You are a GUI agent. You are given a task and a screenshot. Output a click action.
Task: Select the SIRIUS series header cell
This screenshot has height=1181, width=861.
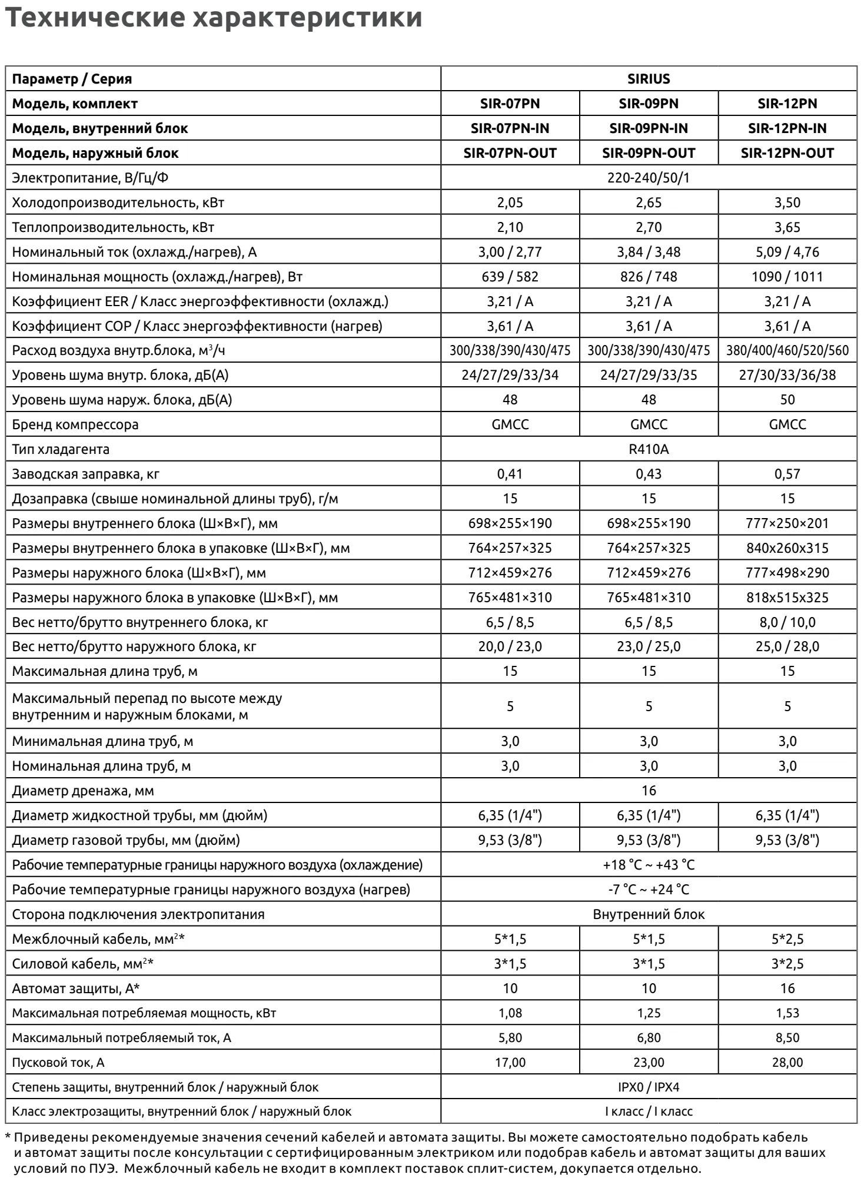tap(649, 79)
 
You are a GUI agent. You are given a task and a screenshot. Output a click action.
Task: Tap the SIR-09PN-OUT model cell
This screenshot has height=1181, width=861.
tap(649, 153)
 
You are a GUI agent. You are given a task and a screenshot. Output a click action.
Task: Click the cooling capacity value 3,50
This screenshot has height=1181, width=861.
tap(787, 203)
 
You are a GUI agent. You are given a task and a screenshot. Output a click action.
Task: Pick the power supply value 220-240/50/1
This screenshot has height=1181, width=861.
tap(649, 178)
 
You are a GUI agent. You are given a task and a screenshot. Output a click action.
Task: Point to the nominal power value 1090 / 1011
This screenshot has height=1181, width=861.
tap(787, 277)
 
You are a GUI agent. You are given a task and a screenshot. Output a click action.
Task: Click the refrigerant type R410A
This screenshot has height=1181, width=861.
tap(649, 450)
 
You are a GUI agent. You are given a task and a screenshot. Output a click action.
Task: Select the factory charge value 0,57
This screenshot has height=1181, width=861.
tap(787, 475)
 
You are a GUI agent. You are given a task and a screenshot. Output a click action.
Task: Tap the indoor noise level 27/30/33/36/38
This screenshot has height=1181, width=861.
tap(787, 376)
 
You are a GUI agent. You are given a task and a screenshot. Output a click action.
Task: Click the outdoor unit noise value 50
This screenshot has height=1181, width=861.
tap(787, 400)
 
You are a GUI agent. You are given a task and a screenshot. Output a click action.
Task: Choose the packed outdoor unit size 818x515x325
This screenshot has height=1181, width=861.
tap(787, 598)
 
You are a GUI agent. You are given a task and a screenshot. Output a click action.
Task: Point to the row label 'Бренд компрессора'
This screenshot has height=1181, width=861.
tap(75, 425)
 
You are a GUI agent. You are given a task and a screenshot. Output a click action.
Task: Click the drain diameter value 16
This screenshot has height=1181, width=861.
tap(649, 791)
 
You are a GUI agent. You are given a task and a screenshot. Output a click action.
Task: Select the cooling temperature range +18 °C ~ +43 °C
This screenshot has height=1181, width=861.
tap(649, 865)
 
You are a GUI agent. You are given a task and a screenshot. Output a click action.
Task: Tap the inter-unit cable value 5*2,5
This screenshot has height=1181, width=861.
tap(787, 939)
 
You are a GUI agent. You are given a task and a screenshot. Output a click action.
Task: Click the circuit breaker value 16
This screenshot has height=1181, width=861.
tap(787, 988)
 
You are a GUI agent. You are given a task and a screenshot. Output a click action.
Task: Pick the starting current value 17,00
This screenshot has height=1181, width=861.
tap(510, 1063)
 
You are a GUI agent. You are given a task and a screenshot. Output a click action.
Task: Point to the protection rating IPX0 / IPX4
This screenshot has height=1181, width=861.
tap(649, 1087)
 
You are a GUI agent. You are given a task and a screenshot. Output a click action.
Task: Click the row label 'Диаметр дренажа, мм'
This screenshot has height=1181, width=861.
tap(83, 791)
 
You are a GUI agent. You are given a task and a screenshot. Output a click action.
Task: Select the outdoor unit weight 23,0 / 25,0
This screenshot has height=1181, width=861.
tap(649, 647)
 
